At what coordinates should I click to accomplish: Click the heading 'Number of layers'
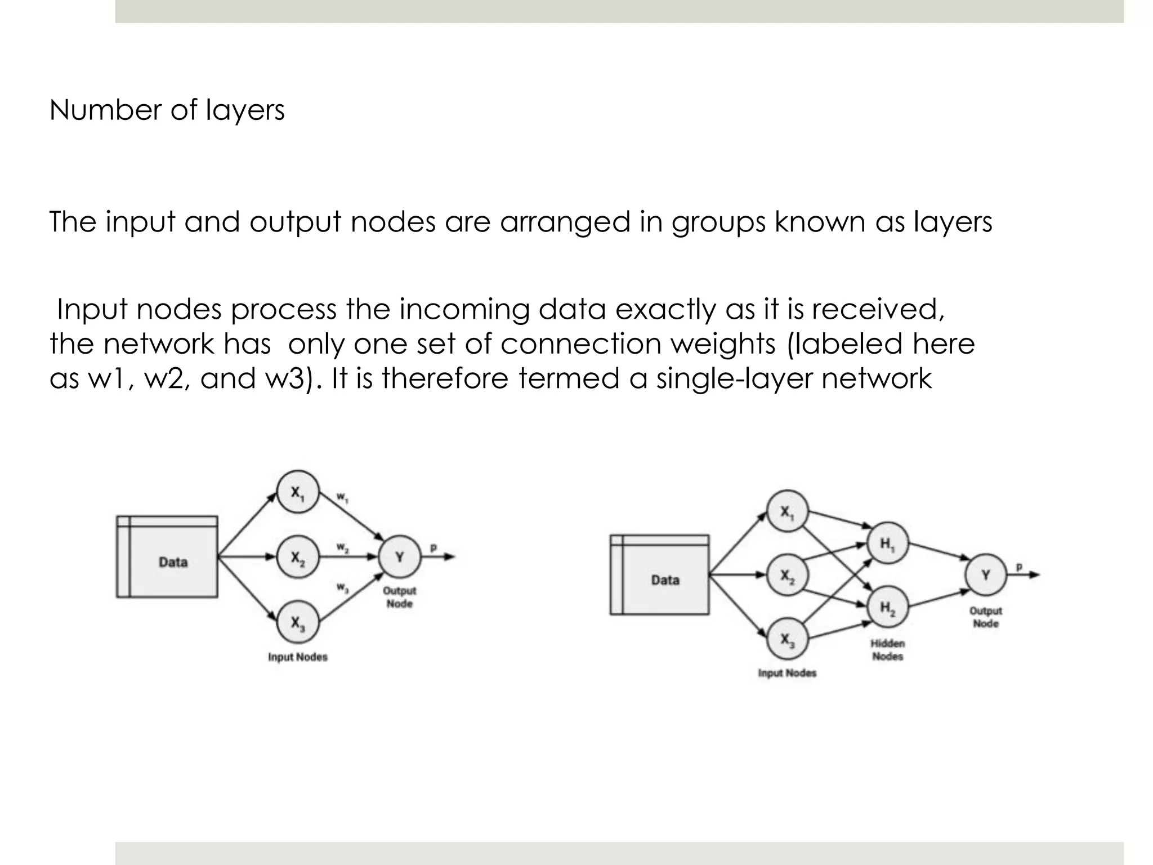(x=167, y=110)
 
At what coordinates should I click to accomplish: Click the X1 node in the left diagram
(x=298, y=492)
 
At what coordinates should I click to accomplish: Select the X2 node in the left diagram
(x=298, y=558)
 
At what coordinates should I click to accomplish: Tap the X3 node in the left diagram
(x=298, y=622)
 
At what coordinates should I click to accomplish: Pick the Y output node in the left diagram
(x=400, y=557)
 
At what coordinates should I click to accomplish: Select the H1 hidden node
(x=887, y=543)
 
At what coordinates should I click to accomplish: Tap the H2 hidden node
(x=887, y=607)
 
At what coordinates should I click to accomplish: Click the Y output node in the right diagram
(x=986, y=575)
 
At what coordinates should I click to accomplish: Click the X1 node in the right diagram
(x=787, y=511)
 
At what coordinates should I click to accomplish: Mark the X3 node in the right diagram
(x=787, y=639)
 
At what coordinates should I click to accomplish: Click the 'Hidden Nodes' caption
(x=888, y=650)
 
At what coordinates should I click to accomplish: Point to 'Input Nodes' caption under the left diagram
(x=298, y=657)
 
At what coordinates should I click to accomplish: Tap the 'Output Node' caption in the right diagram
(x=986, y=617)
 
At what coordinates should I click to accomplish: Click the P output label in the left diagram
(x=434, y=547)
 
